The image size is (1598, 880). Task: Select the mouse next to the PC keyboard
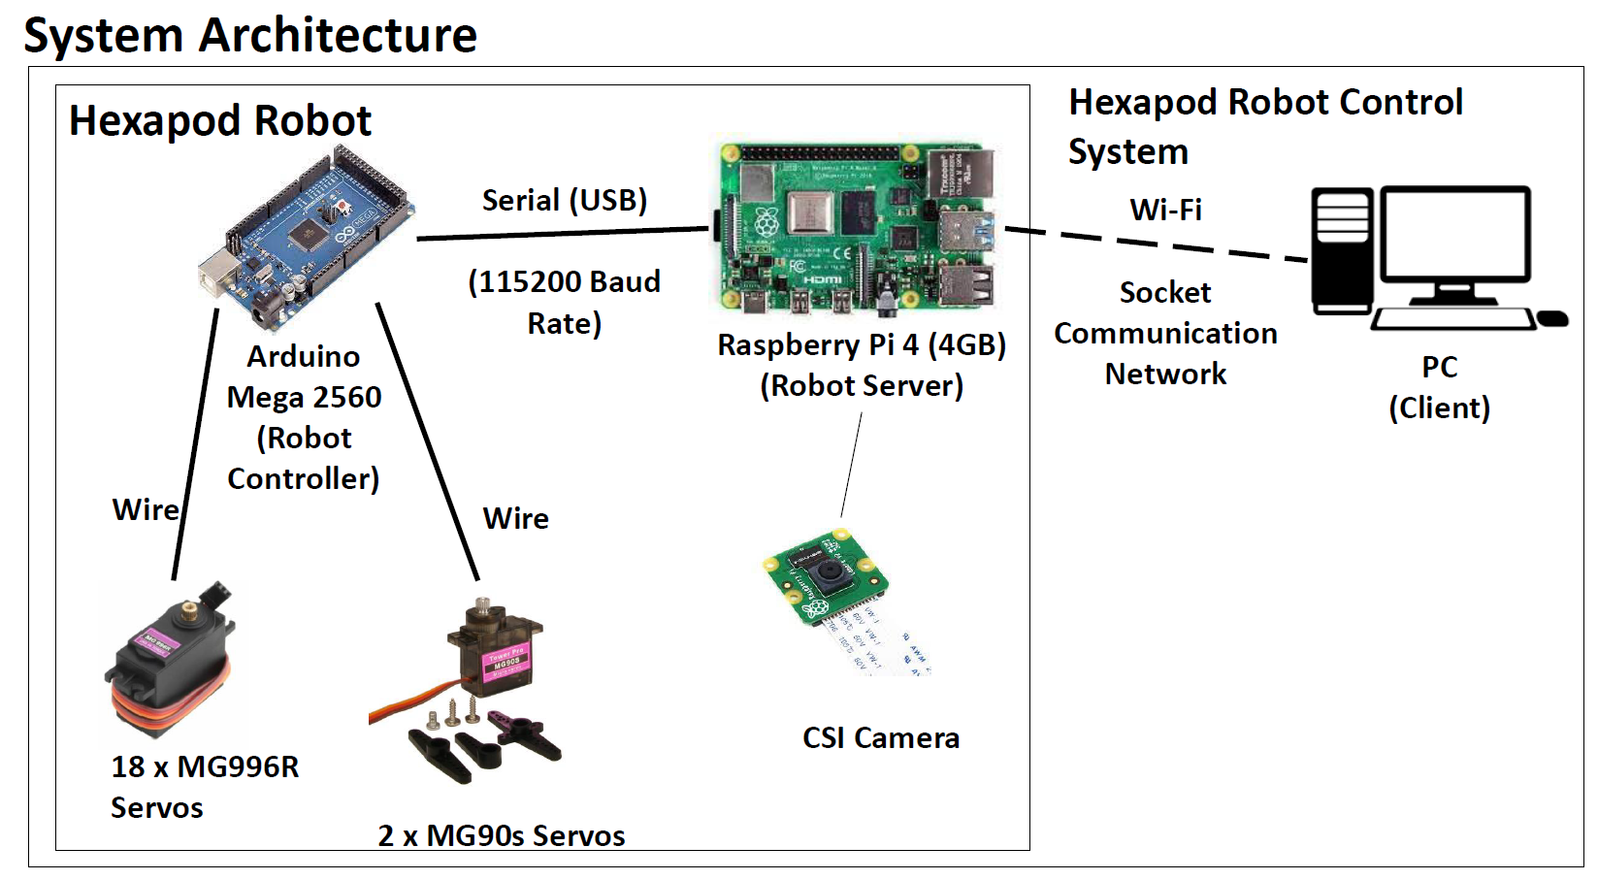coord(1552,318)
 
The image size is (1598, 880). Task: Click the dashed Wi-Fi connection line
coord(1155,242)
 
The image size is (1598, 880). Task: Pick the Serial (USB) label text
coord(564,200)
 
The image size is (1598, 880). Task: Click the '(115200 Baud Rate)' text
coord(564,302)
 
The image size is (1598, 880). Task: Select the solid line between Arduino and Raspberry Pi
coord(563,233)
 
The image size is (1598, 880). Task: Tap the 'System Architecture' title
coord(250,35)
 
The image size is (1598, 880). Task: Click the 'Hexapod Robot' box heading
coord(220,121)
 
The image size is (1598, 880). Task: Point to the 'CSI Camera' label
coord(880,738)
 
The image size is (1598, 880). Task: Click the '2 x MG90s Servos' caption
coord(502,835)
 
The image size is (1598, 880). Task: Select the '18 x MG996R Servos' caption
coord(204,787)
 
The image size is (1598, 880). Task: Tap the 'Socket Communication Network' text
coord(1165,333)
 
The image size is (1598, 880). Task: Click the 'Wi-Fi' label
coord(1165,210)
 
